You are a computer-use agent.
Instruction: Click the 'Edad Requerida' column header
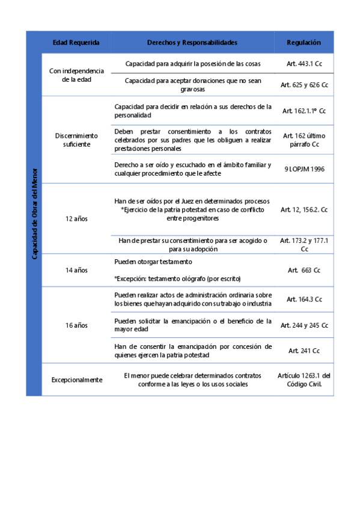click(x=76, y=43)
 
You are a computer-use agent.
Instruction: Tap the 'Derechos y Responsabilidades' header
click(x=192, y=43)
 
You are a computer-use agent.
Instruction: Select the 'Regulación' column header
click(x=304, y=43)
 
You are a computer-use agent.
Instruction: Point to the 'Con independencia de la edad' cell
click(x=76, y=75)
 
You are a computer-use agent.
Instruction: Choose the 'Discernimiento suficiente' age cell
click(x=76, y=140)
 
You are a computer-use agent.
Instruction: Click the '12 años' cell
click(x=76, y=218)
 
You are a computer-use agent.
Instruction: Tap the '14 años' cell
click(x=76, y=271)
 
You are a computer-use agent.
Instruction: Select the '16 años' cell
click(x=76, y=325)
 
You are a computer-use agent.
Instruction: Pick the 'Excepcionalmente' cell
click(x=76, y=379)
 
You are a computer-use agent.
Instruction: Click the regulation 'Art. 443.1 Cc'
click(x=304, y=63)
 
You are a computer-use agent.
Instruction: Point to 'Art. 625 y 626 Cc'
click(x=304, y=85)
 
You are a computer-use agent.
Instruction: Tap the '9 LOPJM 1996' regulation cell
click(x=304, y=169)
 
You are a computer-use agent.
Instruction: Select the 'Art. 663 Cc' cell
click(x=304, y=271)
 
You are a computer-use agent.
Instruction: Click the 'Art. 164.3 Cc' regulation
click(x=304, y=299)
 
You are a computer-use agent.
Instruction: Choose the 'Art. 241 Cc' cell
click(x=304, y=351)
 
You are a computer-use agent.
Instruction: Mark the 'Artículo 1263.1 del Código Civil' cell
click(x=304, y=379)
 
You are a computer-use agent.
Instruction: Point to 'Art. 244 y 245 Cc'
click(x=304, y=325)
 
